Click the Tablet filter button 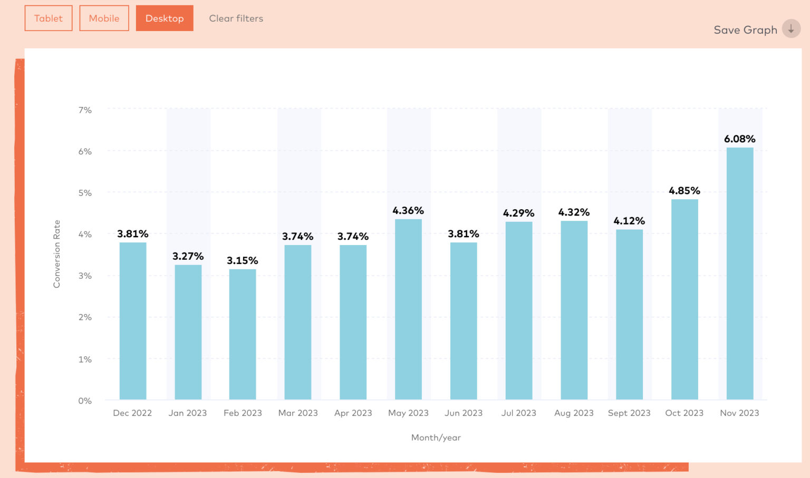click(x=49, y=18)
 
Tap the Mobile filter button click(x=104, y=18)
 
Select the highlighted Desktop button click(x=165, y=18)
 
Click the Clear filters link click(x=236, y=18)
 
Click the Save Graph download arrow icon click(x=791, y=29)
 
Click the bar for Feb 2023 click(x=243, y=334)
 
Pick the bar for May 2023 click(x=408, y=309)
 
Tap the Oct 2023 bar click(x=684, y=299)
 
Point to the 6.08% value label click(x=739, y=139)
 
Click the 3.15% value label click(x=243, y=261)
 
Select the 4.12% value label click(x=629, y=221)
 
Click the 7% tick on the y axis click(x=85, y=110)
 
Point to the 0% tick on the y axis click(x=85, y=401)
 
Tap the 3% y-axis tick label click(x=85, y=276)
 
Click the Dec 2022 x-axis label click(x=132, y=413)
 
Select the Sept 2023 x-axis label click(x=629, y=413)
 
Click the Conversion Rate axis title click(x=57, y=254)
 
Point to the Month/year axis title click(x=436, y=437)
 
